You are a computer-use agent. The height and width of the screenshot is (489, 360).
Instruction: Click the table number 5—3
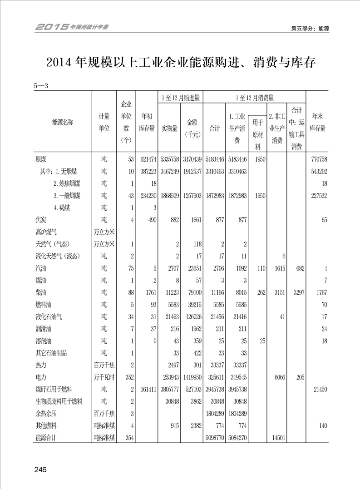pos(41,85)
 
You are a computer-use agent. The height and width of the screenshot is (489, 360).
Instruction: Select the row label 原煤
pos(41,159)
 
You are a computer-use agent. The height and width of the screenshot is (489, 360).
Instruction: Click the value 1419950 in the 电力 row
pos(191,377)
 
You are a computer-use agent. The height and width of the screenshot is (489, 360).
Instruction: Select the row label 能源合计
pos(47,438)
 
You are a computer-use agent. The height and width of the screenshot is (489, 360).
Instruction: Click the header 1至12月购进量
pos(181,98)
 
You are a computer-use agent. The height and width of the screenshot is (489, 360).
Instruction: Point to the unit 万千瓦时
pos(104,377)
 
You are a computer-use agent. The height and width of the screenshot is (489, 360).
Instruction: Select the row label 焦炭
pos(41,220)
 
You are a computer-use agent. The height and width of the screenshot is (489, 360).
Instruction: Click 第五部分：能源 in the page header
pos(310,28)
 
